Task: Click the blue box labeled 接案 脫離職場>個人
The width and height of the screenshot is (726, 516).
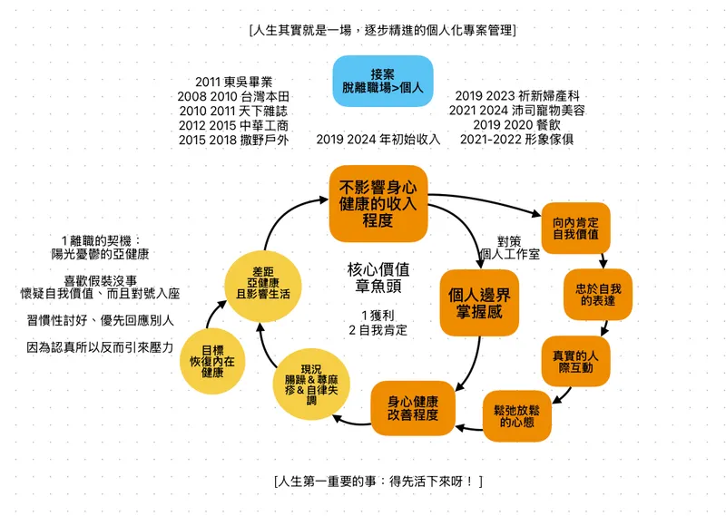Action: click(x=382, y=81)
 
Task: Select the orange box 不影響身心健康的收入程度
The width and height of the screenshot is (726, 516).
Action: click(x=378, y=204)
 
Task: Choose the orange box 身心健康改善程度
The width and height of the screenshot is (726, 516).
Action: click(x=413, y=408)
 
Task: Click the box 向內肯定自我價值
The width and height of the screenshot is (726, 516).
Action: click(x=575, y=228)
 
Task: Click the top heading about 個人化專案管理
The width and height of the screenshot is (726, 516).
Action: click(x=382, y=30)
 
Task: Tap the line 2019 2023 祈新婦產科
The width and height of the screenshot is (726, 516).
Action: click(x=517, y=96)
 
